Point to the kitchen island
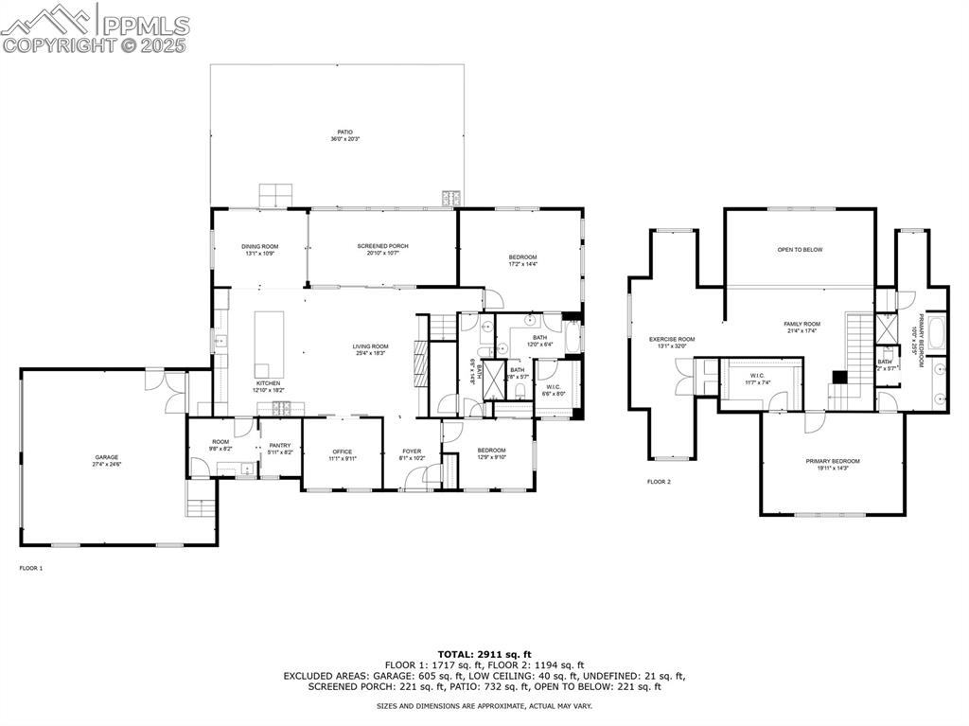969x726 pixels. (269, 343)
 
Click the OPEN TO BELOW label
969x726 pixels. (800, 250)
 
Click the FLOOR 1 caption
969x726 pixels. (31, 568)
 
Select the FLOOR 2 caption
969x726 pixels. (659, 482)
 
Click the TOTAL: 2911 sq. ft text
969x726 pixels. (484, 654)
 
